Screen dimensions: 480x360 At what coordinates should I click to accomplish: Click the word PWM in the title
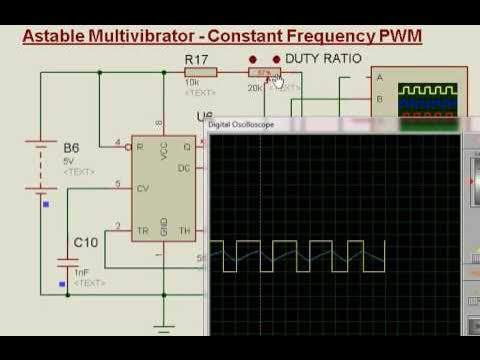click(399, 37)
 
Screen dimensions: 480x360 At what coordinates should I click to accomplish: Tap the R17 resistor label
click(197, 61)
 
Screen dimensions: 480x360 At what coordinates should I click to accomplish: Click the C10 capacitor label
click(86, 243)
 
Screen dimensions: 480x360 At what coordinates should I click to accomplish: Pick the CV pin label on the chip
click(143, 186)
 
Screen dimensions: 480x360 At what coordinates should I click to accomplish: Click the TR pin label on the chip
click(143, 230)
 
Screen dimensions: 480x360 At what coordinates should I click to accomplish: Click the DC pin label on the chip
click(185, 167)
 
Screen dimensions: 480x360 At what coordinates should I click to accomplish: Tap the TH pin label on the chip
click(185, 230)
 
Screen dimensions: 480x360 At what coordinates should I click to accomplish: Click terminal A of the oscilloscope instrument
click(379, 77)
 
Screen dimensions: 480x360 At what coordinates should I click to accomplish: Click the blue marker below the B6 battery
click(45, 205)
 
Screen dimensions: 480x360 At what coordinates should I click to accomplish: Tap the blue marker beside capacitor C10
click(63, 283)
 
